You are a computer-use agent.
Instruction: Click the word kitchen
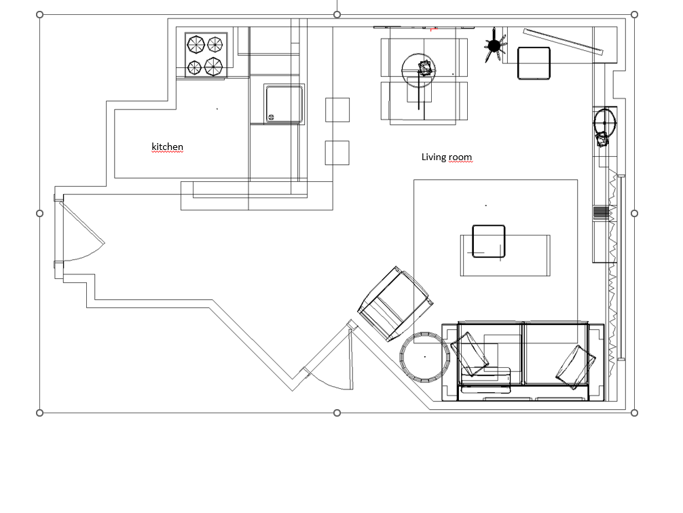167,147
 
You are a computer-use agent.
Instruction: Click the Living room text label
447,157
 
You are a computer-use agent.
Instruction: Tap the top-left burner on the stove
196,44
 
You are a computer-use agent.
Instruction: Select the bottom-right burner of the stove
213,66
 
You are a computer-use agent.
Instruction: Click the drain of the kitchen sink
271,117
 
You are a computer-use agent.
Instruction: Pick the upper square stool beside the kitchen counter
337,110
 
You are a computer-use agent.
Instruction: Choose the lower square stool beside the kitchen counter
337,153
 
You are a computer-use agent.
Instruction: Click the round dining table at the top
418,71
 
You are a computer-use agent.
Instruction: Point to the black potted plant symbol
494,45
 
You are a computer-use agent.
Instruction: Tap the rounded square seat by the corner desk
534,64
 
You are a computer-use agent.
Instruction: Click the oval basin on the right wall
606,122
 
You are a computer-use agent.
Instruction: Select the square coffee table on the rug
489,242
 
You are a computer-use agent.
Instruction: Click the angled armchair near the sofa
395,303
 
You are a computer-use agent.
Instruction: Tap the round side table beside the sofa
425,357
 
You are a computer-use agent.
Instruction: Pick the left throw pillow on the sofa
470,354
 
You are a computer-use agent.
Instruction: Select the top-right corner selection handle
634,15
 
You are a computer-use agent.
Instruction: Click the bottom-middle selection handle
337,413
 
